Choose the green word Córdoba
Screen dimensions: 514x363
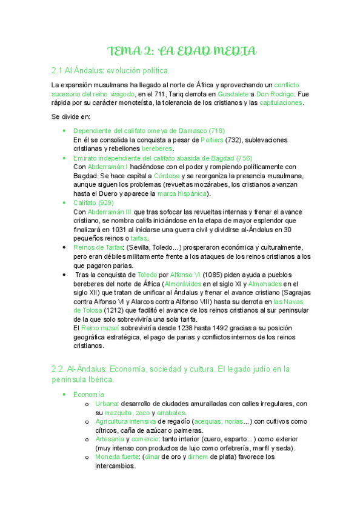pyautogui.click(x=168, y=176)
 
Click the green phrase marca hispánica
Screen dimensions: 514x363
pyautogui.click(x=181, y=194)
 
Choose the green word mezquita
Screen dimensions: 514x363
pyautogui.click(x=121, y=413)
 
